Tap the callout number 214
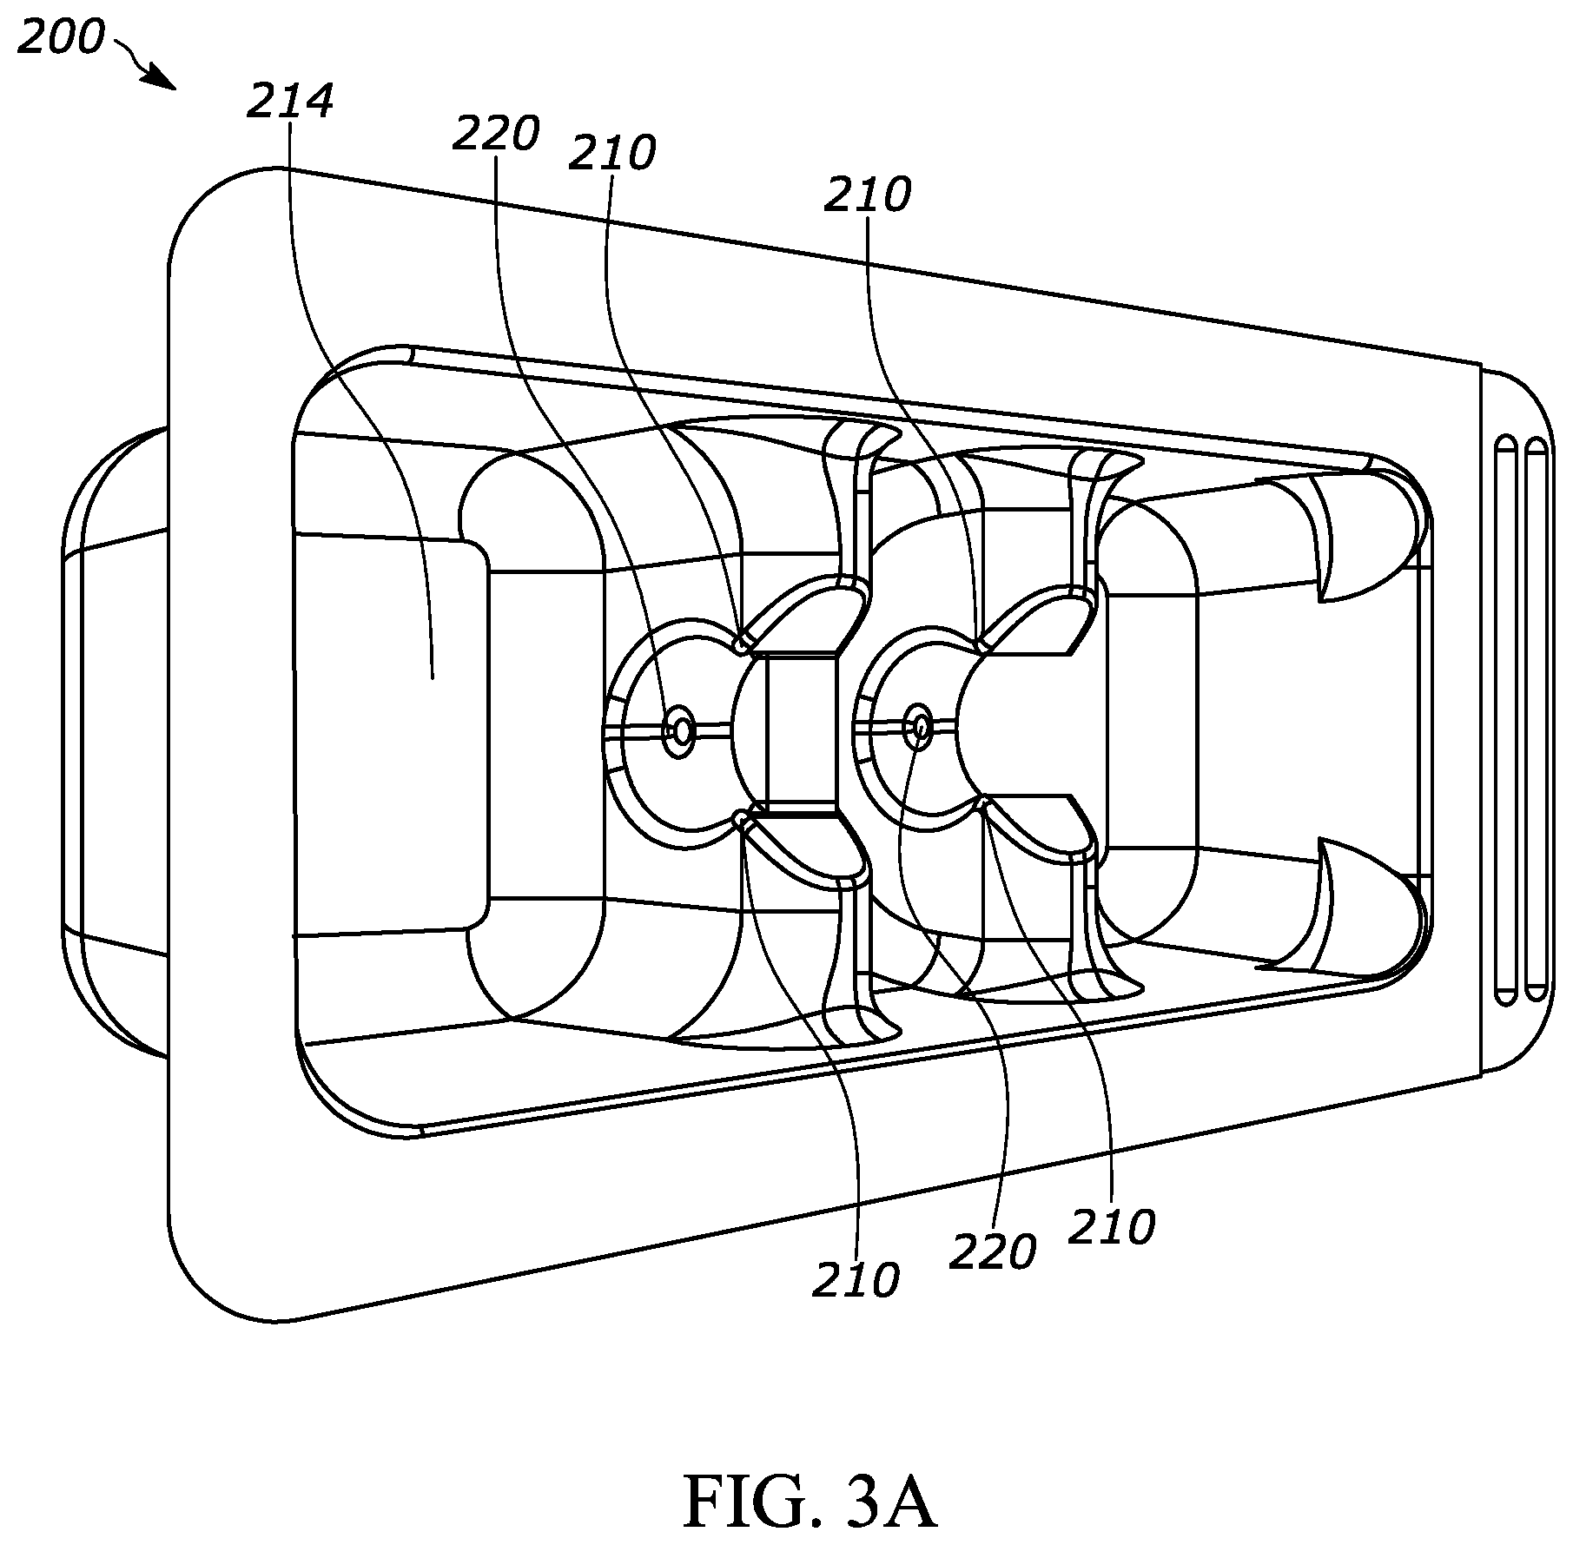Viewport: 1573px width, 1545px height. pos(290,102)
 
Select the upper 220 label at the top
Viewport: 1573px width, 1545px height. pos(496,135)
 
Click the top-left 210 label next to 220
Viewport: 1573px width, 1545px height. pos(612,154)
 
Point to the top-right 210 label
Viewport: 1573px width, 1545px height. pos(868,195)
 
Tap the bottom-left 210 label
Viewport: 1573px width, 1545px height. pos(856,1281)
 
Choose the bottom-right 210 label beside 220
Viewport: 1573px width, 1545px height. pos(1112,1228)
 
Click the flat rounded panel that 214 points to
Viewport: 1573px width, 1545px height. pos(391,730)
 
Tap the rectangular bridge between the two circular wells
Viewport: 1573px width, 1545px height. pos(802,730)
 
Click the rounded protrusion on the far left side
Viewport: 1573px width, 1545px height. pos(113,743)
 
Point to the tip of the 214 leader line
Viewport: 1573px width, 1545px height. pos(432,678)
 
